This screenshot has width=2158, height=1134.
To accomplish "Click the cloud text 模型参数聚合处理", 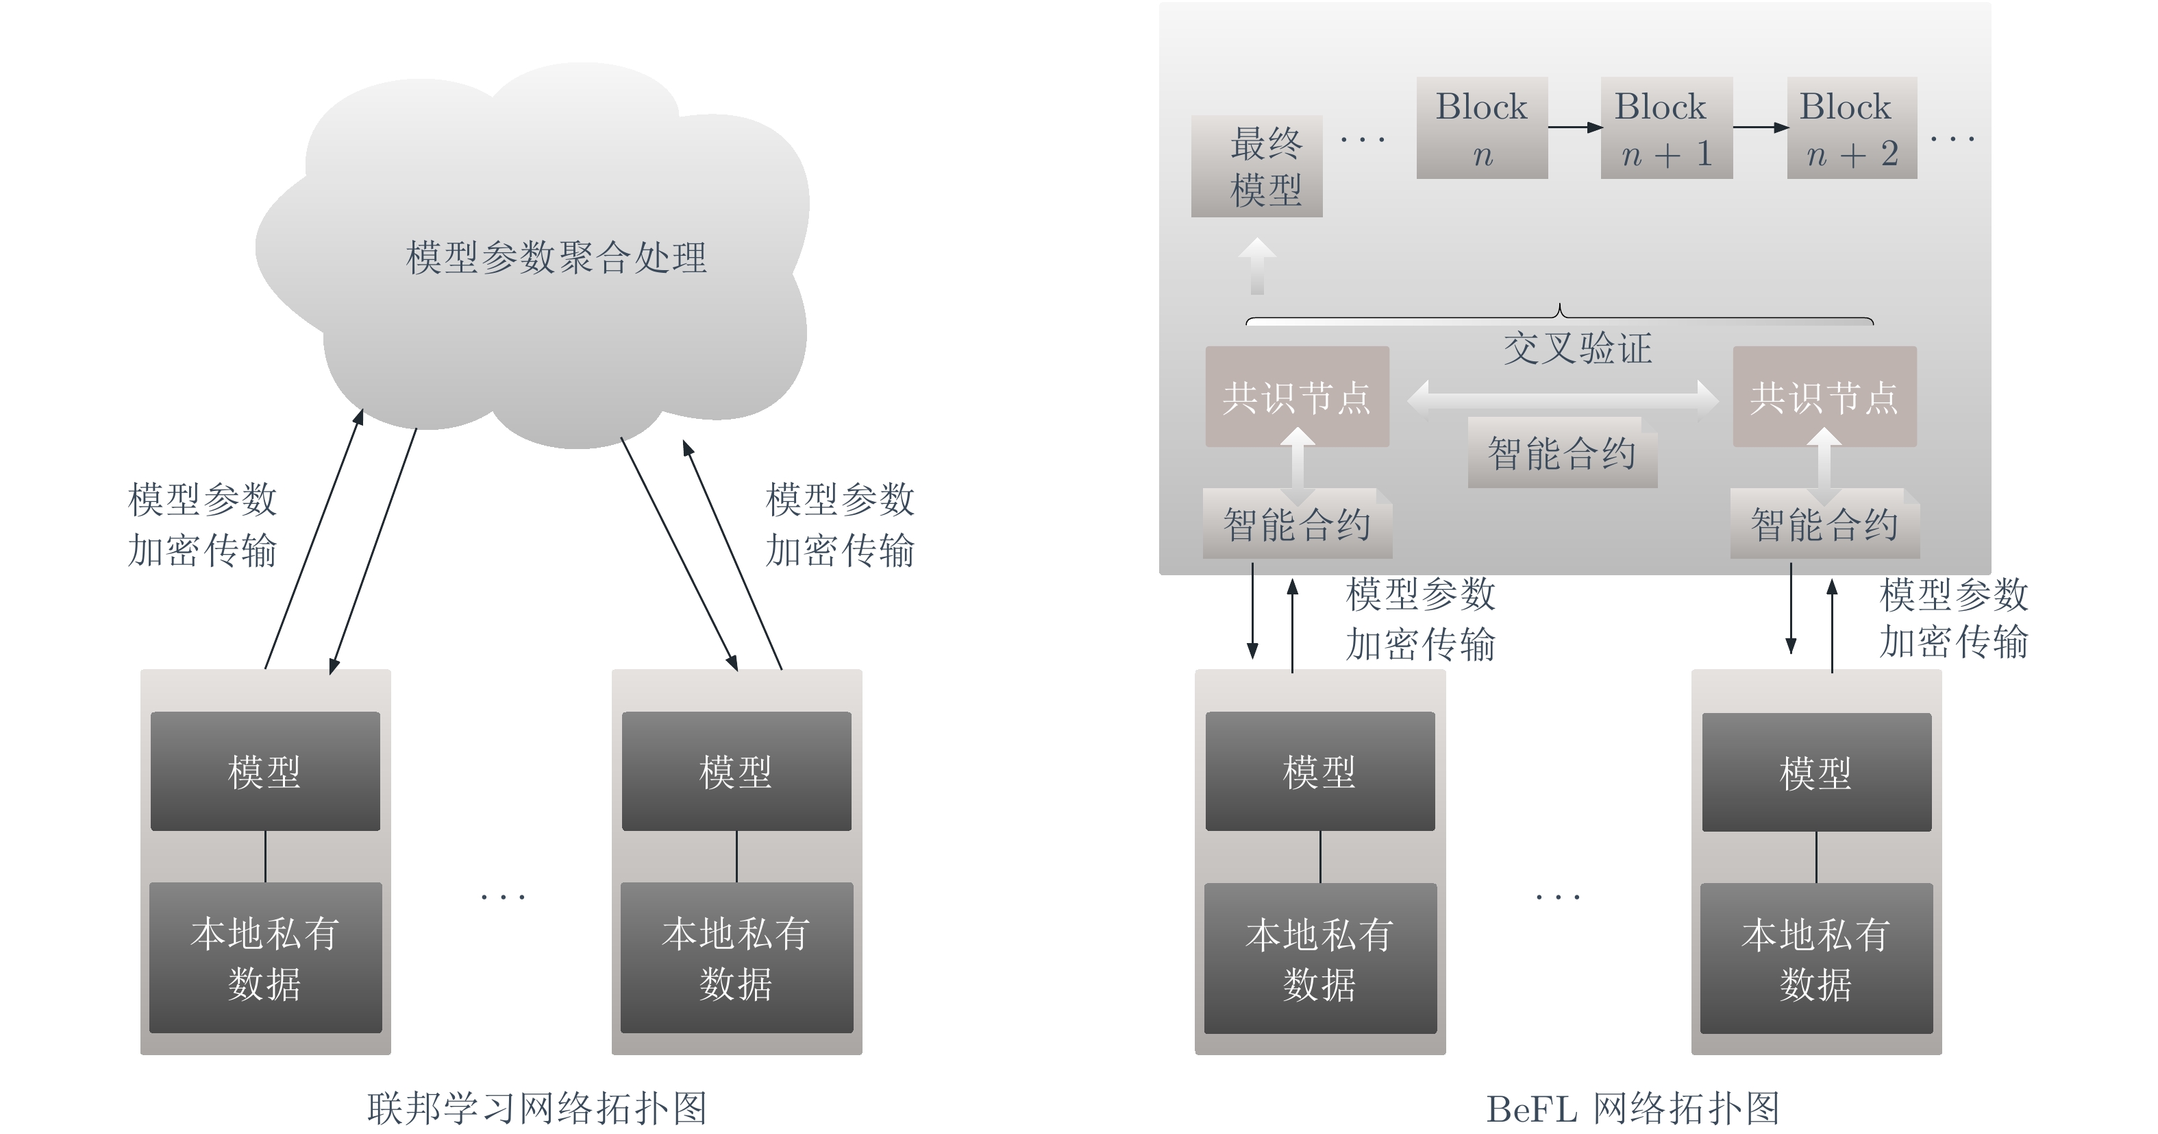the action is coord(556,257).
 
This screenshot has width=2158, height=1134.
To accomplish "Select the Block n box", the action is coord(1482,128).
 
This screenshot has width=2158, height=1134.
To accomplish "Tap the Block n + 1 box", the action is coord(1666,128).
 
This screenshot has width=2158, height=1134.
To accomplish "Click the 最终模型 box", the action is coord(1256,166).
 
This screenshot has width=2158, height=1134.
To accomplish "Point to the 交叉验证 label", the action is coord(1578,348).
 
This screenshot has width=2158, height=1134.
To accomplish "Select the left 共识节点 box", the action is coord(1297,396).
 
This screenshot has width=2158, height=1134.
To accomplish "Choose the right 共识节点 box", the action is coord(1824,396).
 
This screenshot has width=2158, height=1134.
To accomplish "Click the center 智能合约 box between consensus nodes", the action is coord(1563,453).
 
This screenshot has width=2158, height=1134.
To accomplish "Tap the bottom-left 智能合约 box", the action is coord(1298,524).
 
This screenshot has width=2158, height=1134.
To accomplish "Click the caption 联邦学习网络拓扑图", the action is coord(537,1108).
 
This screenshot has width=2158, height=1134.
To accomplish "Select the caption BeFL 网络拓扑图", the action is coord(1633,1108).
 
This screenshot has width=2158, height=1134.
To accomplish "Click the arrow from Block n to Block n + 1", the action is coord(1575,128).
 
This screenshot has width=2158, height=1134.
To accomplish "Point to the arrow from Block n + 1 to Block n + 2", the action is coord(1760,128).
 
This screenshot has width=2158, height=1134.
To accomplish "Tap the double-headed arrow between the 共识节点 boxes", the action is coord(1563,397).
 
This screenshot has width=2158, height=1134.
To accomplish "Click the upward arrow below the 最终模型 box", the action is coord(1257,267).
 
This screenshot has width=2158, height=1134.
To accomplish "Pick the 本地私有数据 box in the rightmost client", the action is coord(1816,958).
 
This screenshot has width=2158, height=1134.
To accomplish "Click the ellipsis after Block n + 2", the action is coord(1952,138).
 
